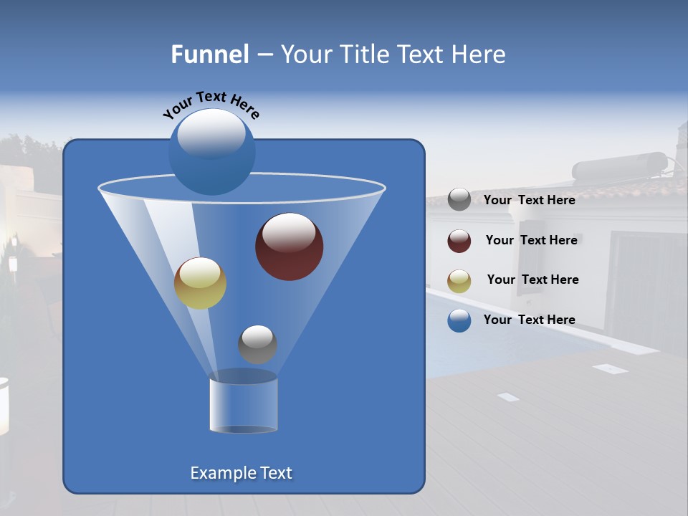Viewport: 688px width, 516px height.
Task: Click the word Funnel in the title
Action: pos(209,54)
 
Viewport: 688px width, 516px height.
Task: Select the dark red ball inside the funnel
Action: pos(290,247)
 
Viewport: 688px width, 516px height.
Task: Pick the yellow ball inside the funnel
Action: pos(200,283)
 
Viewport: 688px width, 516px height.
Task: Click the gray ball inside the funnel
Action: pos(257,344)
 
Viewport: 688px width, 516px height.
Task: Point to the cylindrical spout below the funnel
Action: pos(243,405)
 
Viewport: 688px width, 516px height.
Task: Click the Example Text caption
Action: pos(241,473)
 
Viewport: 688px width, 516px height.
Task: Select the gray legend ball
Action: pos(459,199)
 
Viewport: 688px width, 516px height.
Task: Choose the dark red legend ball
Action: pos(459,241)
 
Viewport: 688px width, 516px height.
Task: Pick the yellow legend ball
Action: pos(459,281)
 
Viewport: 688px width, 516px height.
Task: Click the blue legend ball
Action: pos(459,320)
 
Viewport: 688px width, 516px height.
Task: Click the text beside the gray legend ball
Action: pos(529,200)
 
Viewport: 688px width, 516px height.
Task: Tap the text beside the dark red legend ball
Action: pos(531,240)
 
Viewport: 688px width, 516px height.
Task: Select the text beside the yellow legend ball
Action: pos(532,279)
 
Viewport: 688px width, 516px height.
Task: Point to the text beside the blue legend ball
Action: pos(529,320)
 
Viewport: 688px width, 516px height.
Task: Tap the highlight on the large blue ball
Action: pos(211,134)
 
